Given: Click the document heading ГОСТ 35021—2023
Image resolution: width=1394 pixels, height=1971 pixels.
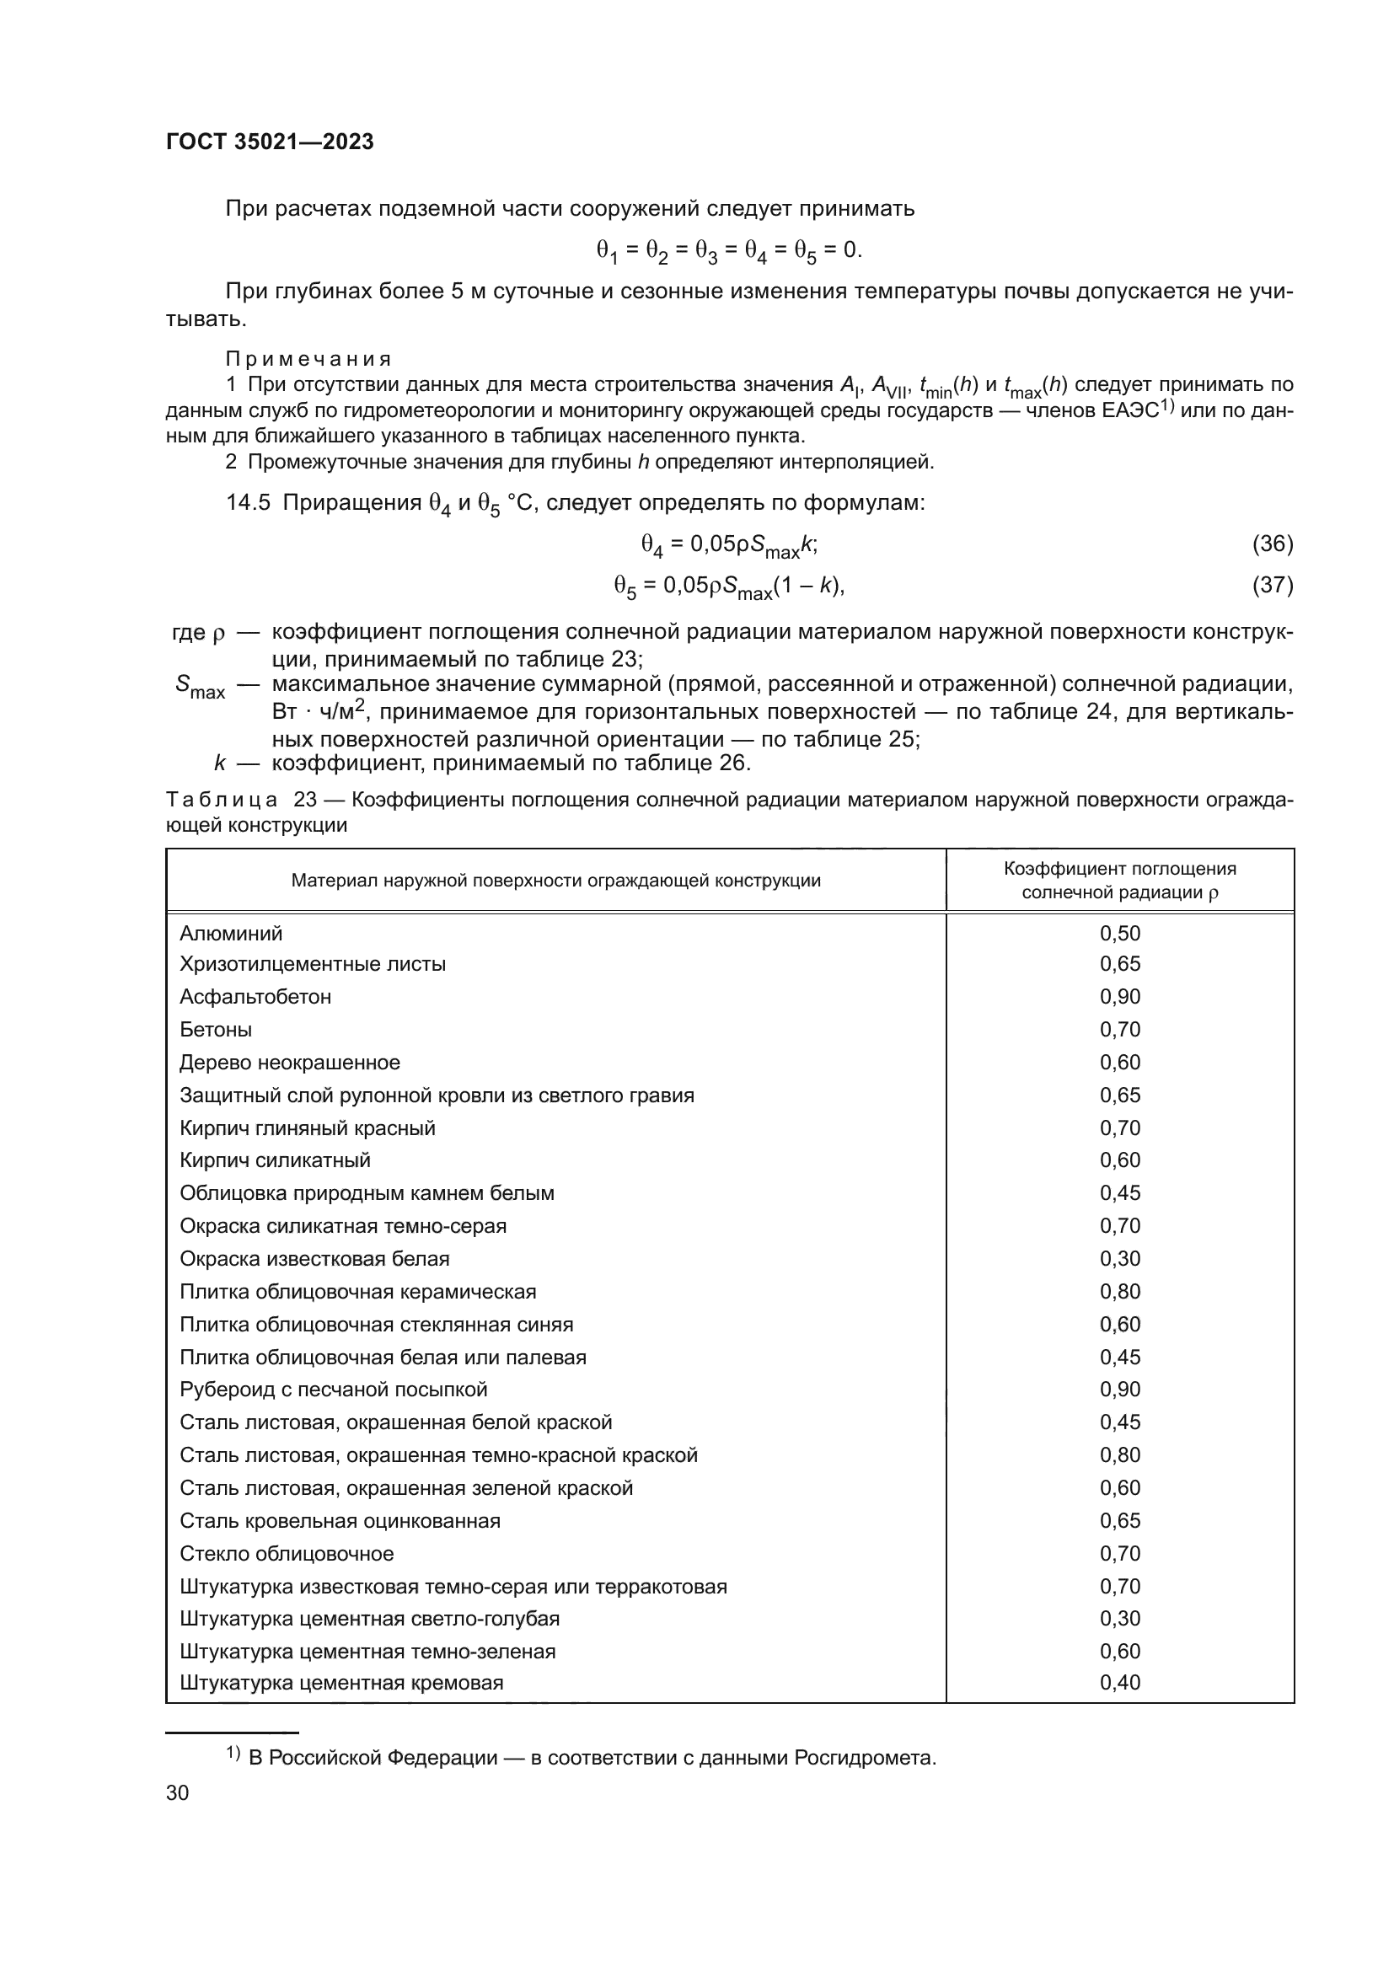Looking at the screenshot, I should [x=270, y=142].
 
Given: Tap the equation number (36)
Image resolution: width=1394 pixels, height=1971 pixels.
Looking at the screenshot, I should [x=1272, y=544].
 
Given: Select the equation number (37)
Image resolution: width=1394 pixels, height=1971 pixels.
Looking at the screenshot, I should [x=1272, y=585].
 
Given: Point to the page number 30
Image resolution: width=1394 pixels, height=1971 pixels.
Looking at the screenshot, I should [x=178, y=1793].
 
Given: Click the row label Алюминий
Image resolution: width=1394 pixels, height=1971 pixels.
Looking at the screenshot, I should [x=231, y=933].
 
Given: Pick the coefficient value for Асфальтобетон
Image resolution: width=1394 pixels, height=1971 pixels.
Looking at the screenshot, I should [x=1120, y=997].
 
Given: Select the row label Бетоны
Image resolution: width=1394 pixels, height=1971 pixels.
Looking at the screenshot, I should [x=216, y=1029].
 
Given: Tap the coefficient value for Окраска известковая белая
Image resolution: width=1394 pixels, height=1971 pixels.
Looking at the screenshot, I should [x=1120, y=1258].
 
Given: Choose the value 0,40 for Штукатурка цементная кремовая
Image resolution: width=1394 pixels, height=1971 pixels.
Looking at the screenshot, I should [x=1120, y=1683].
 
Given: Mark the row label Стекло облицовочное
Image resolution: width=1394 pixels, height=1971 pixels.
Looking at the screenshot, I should [x=287, y=1554].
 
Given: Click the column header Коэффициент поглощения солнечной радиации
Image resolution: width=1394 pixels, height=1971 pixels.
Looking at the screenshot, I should [x=1120, y=880].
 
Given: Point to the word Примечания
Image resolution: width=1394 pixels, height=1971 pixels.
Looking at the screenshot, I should [x=308, y=359].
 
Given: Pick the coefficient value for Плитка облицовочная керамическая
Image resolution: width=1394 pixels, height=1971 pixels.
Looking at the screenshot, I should [x=1120, y=1291].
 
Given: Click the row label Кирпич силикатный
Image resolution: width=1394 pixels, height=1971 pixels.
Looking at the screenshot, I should [x=275, y=1160].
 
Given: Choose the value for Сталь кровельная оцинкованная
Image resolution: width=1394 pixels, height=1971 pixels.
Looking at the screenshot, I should [x=1120, y=1520].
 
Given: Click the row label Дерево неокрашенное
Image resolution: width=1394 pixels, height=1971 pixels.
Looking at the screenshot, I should [x=289, y=1062].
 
